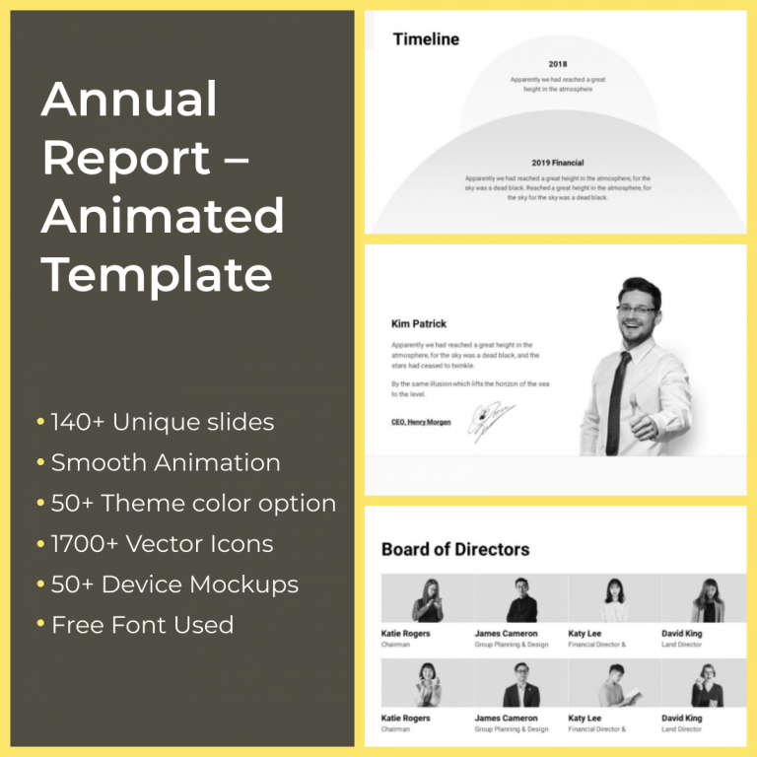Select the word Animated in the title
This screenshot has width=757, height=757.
[163, 215]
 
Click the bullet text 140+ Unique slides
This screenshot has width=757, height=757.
[162, 423]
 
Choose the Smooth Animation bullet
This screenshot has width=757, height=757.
[166, 463]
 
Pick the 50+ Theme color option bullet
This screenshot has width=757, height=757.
[193, 504]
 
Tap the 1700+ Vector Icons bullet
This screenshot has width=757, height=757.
[162, 544]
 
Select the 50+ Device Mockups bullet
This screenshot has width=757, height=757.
[174, 585]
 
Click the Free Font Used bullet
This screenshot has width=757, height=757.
[142, 625]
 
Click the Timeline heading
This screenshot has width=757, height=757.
[426, 39]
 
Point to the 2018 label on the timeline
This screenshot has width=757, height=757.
[558, 64]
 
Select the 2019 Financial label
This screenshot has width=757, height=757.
[558, 163]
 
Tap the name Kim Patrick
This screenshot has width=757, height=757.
[419, 323]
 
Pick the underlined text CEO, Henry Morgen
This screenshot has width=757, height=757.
[421, 422]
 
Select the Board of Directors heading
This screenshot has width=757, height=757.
[455, 549]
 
